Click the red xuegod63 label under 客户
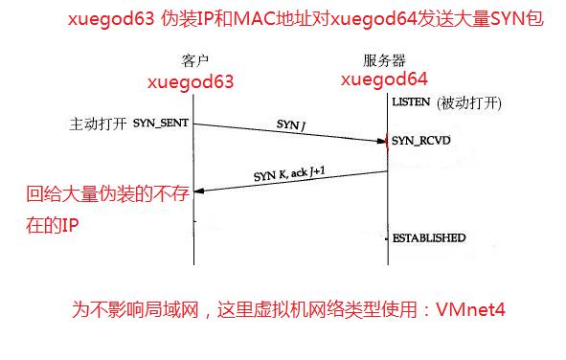click(x=191, y=82)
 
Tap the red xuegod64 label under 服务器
click(x=385, y=79)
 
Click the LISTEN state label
click(x=411, y=101)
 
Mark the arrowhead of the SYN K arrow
click(x=199, y=190)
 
